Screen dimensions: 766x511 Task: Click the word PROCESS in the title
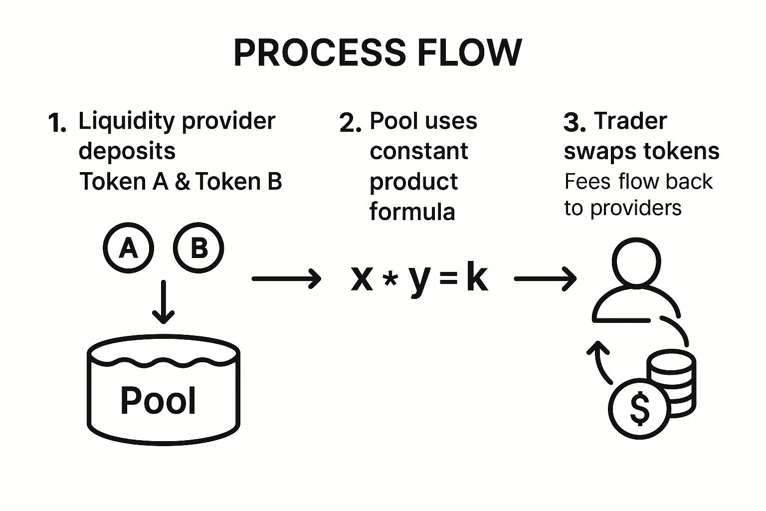pyautogui.click(x=319, y=52)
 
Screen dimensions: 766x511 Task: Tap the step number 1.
pyautogui.click(x=57, y=123)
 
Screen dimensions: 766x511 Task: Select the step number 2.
pyautogui.click(x=350, y=123)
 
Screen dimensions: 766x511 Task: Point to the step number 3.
pyautogui.click(x=574, y=122)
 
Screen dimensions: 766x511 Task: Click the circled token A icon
pyautogui.click(x=128, y=248)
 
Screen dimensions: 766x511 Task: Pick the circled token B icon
pyautogui.click(x=198, y=248)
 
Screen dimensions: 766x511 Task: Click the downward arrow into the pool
pyautogui.click(x=164, y=302)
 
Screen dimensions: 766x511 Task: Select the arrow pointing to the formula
pyautogui.click(x=287, y=279)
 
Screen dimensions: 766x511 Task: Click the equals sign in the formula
pyautogui.click(x=448, y=278)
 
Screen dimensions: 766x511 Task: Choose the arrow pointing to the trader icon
pyautogui.click(x=546, y=279)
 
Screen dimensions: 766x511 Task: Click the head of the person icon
pyautogui.click(x=636, y=261)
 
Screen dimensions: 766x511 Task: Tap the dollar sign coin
pyautogui.click(x=639, y=409)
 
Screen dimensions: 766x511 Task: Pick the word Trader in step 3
pyautogui.click(x=630, y=121)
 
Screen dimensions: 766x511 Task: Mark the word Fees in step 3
pyautogui.click(x=587, y=182)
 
